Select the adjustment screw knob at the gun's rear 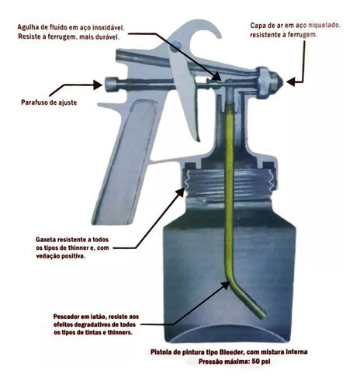coord(114,83)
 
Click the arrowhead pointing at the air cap coord(289,79)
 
